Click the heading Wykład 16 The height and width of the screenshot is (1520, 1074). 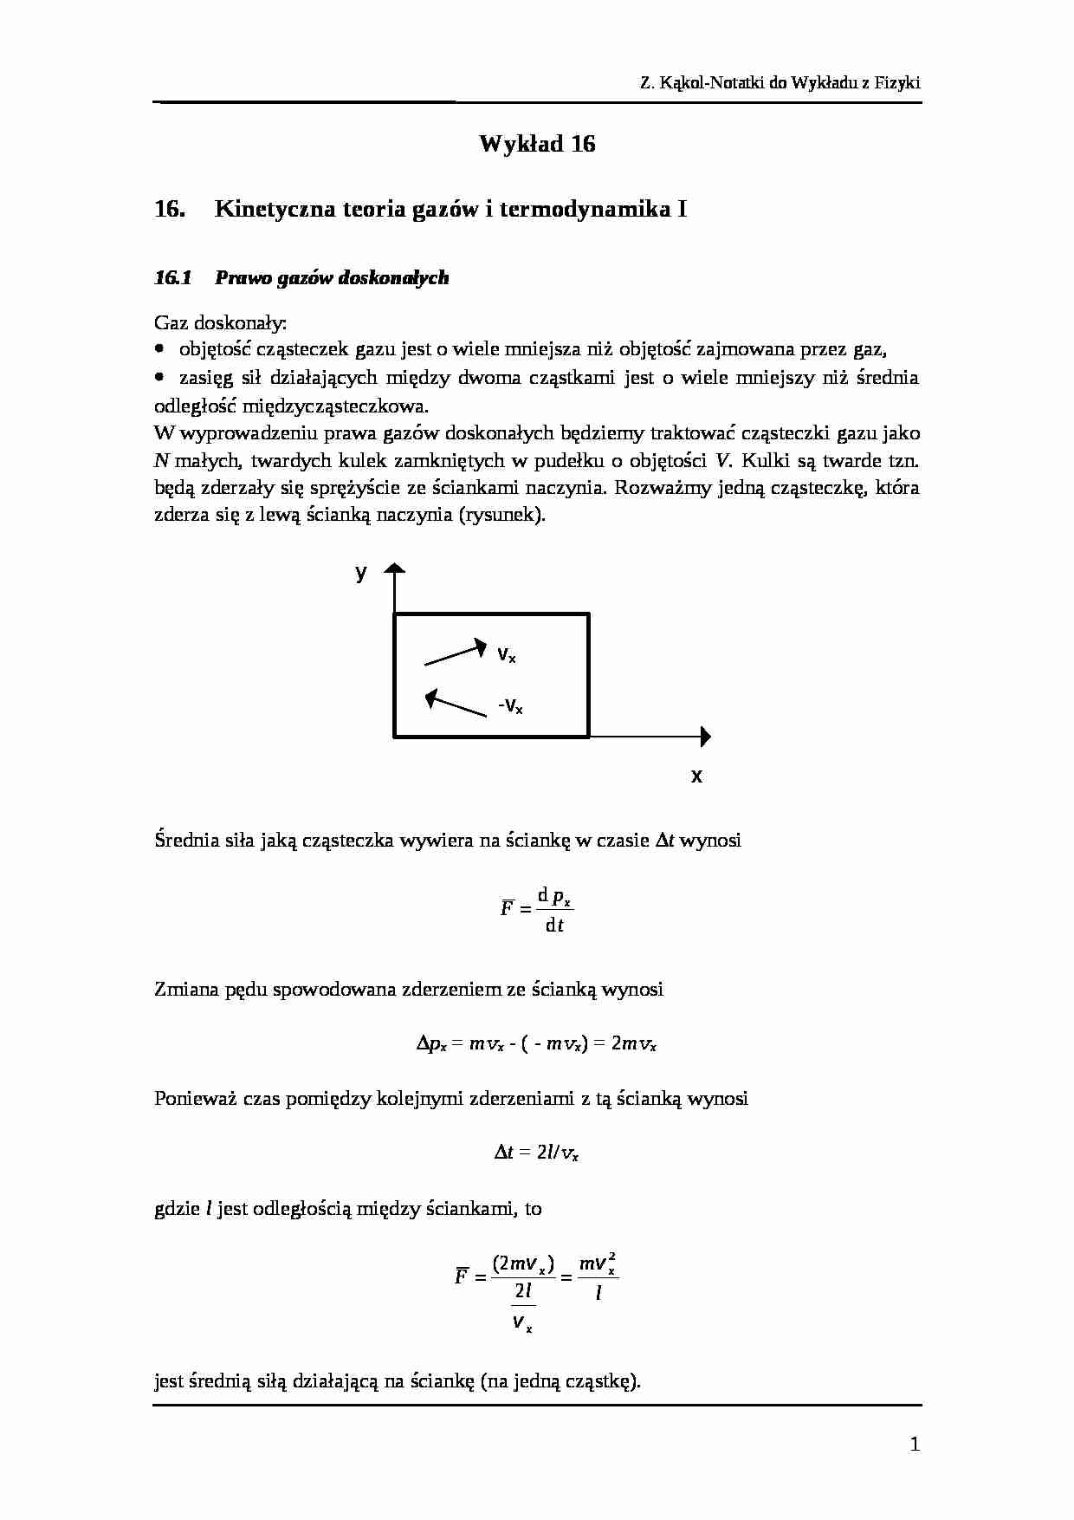[537, 144]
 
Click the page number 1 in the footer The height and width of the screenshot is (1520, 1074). [915, 1444]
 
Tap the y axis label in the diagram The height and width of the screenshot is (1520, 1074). [361, 573]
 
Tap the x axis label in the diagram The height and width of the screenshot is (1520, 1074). [696, 776]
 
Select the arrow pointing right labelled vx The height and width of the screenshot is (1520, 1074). [456, 653]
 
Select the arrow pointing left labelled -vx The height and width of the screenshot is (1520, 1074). [456, 703]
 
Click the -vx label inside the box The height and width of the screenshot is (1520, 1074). [510, 706]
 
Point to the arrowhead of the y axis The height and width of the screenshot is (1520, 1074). [395, 568]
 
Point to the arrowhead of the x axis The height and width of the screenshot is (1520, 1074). [706, 737]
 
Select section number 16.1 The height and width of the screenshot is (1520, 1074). [172, 278]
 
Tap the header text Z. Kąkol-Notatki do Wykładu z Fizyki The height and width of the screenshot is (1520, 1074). [780, 83]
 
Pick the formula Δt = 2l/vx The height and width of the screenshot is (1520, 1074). [536, 1153]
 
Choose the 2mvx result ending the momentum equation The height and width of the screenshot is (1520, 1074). [633, 1043]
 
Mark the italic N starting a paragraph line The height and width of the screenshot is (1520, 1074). [160, 460]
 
